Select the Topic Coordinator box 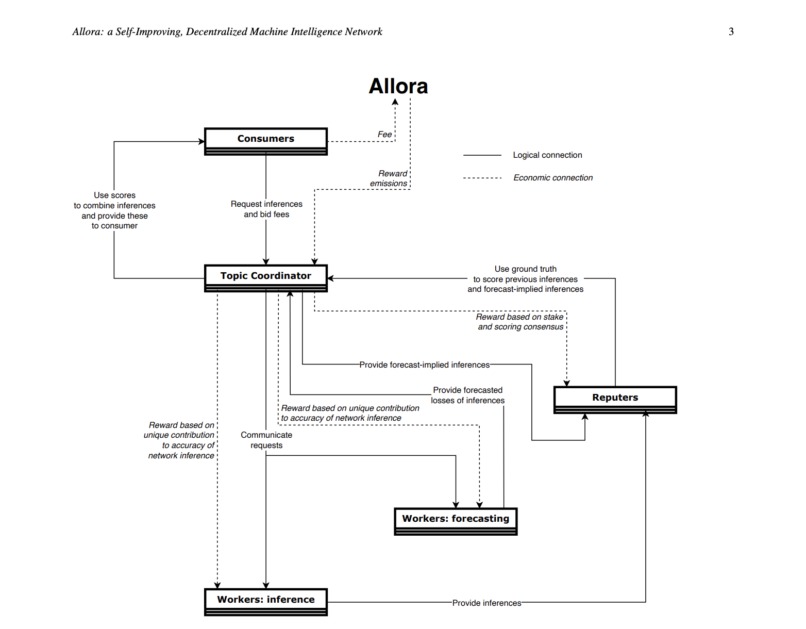pos(266,277)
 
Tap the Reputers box pos(615,399)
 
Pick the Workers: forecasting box pos(456,520)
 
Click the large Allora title pos(398,86)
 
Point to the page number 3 pos(731,31)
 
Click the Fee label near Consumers pos(384,134)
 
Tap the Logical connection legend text pos(547,155)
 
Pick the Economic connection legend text pos(553,177)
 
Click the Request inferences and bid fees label pos(266,209)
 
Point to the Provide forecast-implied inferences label pos(425,365)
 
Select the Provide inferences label pos(486,603)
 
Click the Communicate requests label pos(266,440)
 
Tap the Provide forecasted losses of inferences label pos(468,395)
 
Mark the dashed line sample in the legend pos(482,178)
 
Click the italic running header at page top pos(227,31)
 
